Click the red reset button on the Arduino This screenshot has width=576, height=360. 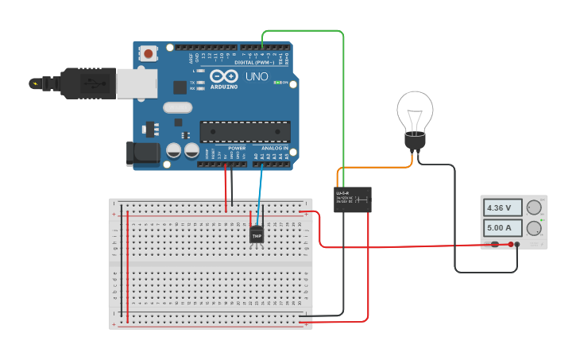[148, 54]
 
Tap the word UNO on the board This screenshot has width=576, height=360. [257, 77]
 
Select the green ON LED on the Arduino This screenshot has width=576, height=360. [278, 82]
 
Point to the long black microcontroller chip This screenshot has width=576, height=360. [244, 132]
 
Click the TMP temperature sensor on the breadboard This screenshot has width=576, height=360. [257, 234]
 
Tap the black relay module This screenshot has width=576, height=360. [353, 199]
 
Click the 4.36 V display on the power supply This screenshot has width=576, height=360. [502, 208]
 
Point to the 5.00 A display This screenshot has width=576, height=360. [502, 228]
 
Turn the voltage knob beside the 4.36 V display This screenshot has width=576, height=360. [534, 208]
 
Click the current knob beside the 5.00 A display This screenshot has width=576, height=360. [534, 228]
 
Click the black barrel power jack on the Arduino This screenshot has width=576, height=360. [140, 153]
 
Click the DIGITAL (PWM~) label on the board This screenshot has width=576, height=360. [254, 62]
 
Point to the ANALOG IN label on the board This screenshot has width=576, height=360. [275, 148]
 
